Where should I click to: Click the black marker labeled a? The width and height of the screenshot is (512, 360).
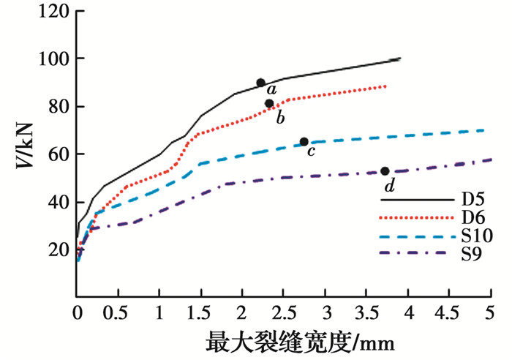pos(260,83)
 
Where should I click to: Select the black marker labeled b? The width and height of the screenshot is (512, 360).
pos(269,103)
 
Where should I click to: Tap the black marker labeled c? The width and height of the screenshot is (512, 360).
pos(304,141)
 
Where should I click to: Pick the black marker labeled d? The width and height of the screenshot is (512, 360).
pos(385,171)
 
